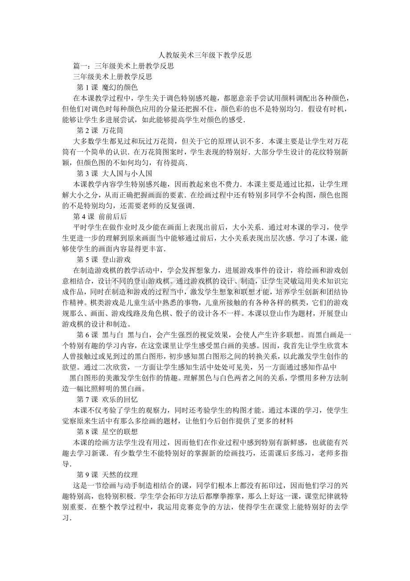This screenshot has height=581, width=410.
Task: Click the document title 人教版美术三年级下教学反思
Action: click(x=205, y=56)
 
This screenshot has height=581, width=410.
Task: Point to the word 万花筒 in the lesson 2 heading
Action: click(x=112, y=130)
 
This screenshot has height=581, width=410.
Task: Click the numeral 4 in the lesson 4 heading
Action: click(x=83, y=216)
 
